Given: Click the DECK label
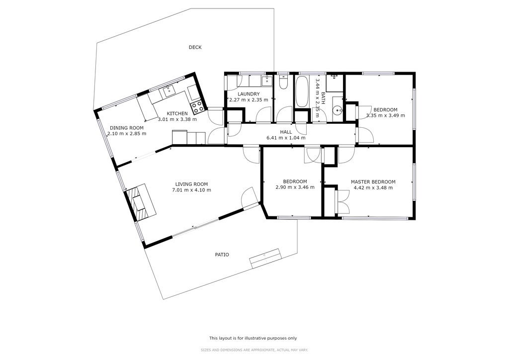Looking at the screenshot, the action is point(195,47).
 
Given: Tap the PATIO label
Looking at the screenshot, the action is point(222,255).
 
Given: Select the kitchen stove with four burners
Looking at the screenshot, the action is point(197,107).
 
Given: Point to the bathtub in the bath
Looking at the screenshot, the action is point(302,91).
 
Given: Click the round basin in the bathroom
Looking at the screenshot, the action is point(338,111).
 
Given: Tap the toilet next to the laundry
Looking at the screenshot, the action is point(282,82).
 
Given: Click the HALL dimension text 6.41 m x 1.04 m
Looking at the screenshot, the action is point(286,138).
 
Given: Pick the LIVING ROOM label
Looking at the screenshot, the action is point(191,184).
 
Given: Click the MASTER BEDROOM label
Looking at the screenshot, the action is point(373,182).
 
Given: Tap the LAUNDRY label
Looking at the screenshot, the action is point(249,94).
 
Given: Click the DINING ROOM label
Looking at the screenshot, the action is point(127,128).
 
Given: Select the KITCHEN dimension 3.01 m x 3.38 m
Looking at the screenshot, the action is point(177,119).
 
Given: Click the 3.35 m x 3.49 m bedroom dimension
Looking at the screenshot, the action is point(386,115).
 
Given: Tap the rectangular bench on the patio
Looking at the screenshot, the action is point(265,259).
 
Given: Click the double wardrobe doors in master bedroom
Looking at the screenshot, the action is point(343,201).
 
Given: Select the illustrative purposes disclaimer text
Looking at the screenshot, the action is point(253,338).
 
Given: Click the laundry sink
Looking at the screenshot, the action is point(267,81).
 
